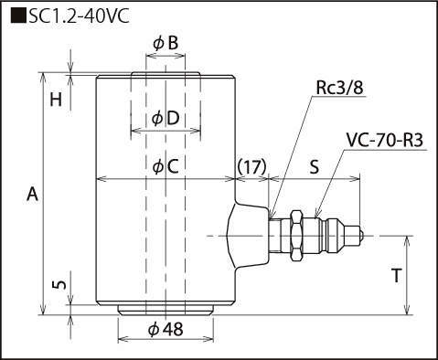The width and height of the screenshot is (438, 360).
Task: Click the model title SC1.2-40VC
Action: pos(79,16)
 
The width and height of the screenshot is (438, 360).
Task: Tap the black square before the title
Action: pos(18,16)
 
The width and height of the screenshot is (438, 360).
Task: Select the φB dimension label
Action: pos(166,43)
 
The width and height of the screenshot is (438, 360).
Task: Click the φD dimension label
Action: pos(166,118)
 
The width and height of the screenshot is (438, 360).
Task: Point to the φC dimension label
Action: pos(166,166)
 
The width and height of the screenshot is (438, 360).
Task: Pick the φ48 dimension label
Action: pos(166,329)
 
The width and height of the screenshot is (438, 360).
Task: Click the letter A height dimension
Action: pos(32,194)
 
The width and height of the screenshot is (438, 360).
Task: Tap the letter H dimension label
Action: pos(56,100)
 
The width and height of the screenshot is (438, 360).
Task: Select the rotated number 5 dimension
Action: pos(59,285)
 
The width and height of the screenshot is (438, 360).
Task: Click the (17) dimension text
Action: pos(251,166)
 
